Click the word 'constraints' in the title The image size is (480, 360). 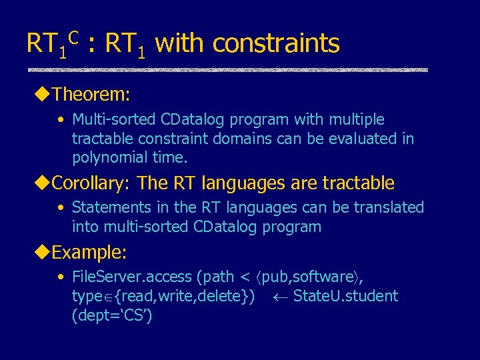tap(276, 44)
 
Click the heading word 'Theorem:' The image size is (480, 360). tap(91, 94)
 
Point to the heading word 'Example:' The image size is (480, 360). tap(89, 253)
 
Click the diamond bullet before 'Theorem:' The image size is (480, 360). tap(45, 94)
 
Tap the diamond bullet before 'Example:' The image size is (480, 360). tap(45, 253)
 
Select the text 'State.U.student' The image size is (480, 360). tap(345, 296)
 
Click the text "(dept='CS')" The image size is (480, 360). tap(112, 315)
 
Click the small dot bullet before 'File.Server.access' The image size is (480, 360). tap(61, 277)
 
